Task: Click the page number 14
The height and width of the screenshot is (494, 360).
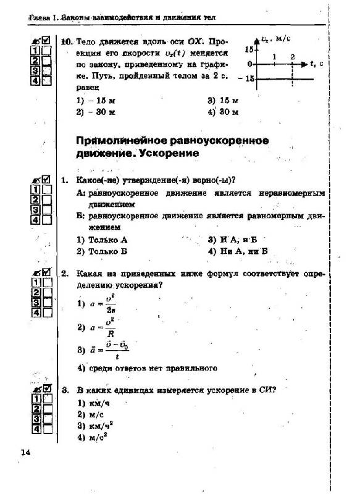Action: [x=25, y=453]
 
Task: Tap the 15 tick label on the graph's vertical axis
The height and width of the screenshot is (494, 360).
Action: [x=249, y=49]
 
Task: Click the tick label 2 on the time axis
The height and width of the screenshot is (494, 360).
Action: [x=292, y=57]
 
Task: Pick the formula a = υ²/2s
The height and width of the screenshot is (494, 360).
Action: [x=101, y=304]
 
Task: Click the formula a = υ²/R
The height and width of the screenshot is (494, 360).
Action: [x=101, y=327]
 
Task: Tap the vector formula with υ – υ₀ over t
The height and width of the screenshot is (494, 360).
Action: [x=107, y=350]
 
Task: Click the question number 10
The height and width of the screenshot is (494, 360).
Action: [x=66, y=41]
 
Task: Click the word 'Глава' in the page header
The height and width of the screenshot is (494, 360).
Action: [x=40, y=19]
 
